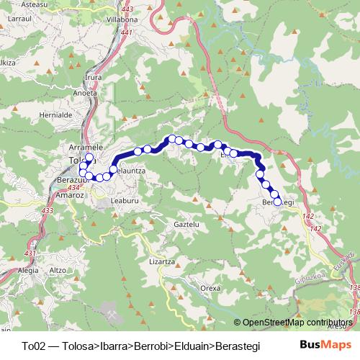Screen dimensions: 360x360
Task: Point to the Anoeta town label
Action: coord(86,91)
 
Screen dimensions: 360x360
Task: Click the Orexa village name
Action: coord(210,287)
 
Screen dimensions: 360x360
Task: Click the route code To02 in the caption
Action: coord(33,345)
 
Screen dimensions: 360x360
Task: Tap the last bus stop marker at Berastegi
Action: coord(277,202)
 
